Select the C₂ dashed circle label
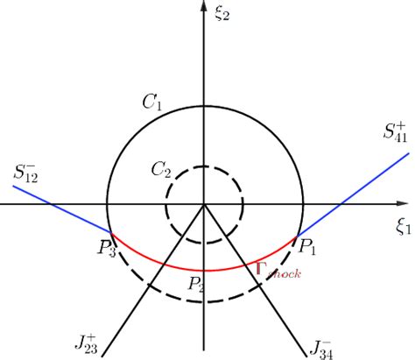tap(160, 169)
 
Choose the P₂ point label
tap(197, 282)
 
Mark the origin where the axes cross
tap(204, 205)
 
